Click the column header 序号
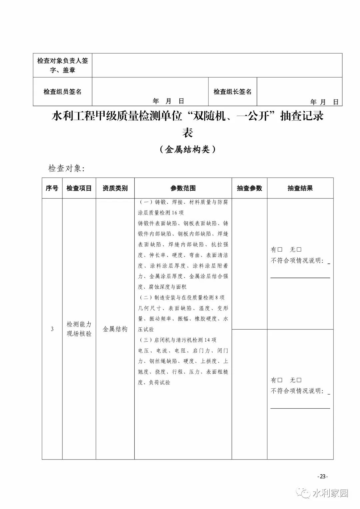pyautogui.click(x=52, y=188)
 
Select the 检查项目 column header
pyautogui.click(x=79, y=188)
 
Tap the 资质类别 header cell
pyautogui.click(x=115, y=188)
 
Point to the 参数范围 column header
pyautogui.click(x=183, y=188)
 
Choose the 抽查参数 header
pyautogui.click(x=249, y=188)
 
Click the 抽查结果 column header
pyautogui.click(x=300, y=188)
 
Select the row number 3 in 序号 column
pyautogui.click(x=52, y=329)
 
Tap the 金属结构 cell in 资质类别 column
pyautogui.click(x=115, y=329)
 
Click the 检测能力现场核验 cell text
pyautogui.click(x=79, y=329)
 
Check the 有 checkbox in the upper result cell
pyautogui.click(x=280, y=250)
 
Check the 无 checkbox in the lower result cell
pyautogui.click(x=299, y=380)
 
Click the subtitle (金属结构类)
pyautogui.click(x=188, y=149)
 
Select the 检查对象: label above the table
pyautogui.click(x=67, y=168)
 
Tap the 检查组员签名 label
pyautogui.click(x=62, y=92)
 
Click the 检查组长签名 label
pyautogui.click(x=232, y=92)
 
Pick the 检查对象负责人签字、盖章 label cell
pyautogui.click(x=62, y=65)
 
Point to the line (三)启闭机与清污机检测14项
pyautogui.click(x=177, y=340)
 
